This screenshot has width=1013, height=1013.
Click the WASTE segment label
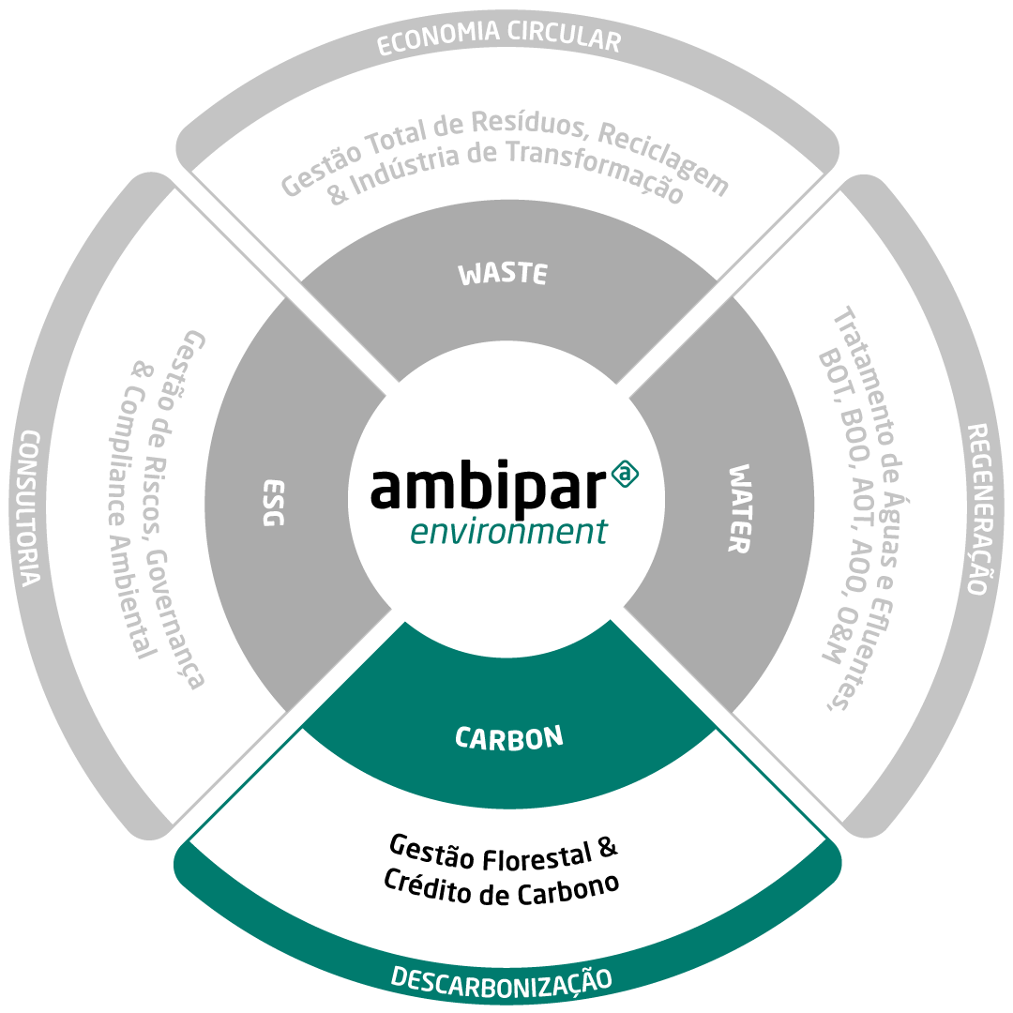tap(503, 274)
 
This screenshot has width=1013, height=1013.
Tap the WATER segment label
tap(740, 508)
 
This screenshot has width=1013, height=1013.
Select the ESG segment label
tap(274, 503)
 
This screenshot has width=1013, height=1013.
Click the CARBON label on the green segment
tap(509, 738)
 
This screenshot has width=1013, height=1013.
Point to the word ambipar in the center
tap(489, 485)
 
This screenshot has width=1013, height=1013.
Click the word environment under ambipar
tap(508, 532)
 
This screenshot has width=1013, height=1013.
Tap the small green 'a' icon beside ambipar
tap(625, 474)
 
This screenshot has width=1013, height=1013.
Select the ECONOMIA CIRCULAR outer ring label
tap(499, 37)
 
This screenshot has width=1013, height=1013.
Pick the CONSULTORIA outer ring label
tap(29, 508)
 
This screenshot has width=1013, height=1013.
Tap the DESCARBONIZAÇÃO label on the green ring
tap(501, 982)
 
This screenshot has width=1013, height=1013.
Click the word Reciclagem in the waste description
tap(663, 159)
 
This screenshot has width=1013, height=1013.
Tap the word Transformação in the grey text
tap(595, 169)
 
